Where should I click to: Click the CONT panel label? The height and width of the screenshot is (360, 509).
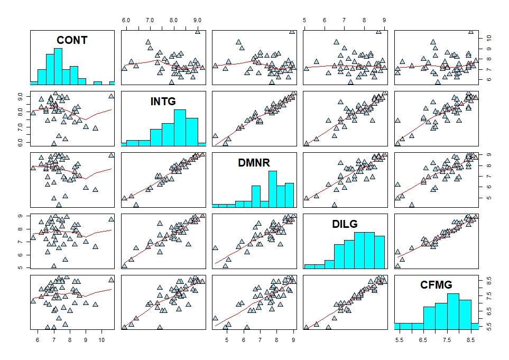pos(72,40)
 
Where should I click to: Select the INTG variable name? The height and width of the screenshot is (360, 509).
pos(163,101)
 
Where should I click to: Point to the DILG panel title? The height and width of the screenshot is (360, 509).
pos(345,224)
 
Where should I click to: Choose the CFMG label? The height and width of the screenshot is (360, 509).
pos(436,285)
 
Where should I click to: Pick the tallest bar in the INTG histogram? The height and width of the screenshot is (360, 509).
pos(180,127)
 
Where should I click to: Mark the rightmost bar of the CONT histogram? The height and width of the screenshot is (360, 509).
pos(112,82)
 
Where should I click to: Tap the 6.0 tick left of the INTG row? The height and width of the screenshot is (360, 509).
pos(23,143)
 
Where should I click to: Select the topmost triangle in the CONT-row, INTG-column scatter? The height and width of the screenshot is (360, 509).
pos(198,32)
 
